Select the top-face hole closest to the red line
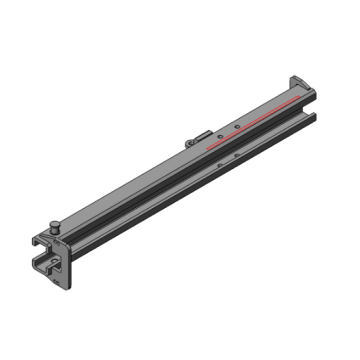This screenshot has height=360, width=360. (233, 127)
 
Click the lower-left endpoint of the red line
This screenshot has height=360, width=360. (208, 147)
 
